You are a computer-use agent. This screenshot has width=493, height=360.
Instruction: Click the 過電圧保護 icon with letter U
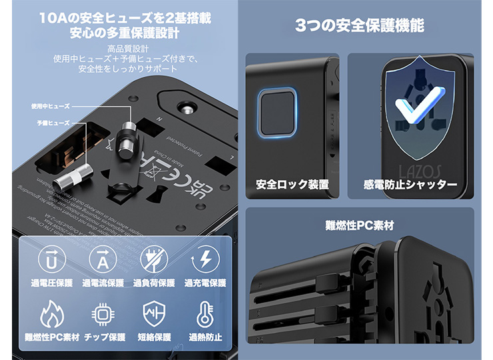tap(52, 260)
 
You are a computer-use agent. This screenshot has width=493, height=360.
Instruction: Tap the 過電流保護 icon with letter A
tap(103, 260)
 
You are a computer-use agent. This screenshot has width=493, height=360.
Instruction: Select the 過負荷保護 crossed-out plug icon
tap(153, 260)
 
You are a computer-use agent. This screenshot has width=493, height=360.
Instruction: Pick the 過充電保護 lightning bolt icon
tap(205, 260)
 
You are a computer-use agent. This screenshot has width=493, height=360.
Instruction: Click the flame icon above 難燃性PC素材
tap(52, 313)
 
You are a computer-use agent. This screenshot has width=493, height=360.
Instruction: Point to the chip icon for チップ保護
tap(103, 313)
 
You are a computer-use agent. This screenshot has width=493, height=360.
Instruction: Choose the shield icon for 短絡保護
tap(153, 313)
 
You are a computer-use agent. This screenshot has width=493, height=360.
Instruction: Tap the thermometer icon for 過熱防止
tap(205, 313)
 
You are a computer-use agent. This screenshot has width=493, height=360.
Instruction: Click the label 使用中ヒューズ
tap(50, 106)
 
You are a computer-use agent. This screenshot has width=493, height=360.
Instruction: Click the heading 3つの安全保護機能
tap(359, 27)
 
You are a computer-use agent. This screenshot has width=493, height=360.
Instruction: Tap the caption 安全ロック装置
tap(292, 184)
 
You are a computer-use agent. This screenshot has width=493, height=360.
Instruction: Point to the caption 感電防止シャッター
tap(410, 184)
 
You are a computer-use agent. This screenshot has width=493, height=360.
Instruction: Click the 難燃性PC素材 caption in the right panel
tap(359, 225)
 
